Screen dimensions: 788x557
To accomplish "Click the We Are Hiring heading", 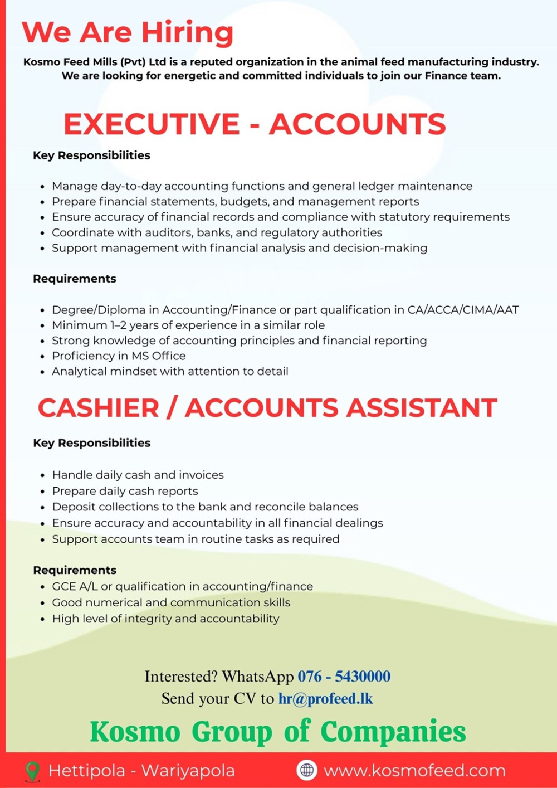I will pos(128,32).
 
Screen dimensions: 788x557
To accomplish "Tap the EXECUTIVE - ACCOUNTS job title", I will pos(255,124).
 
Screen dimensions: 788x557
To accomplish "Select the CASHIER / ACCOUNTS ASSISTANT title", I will pos(267,408).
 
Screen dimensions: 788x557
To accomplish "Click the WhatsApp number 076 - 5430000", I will pos(344,677).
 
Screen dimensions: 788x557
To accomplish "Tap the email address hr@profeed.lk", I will pos(325,699).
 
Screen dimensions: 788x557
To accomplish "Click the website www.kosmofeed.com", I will pos(414,771).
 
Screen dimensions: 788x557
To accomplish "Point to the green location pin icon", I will pos(33,771).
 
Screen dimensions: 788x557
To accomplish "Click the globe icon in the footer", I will pos(306,770).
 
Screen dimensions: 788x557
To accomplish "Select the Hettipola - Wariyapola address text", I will pos(141,771).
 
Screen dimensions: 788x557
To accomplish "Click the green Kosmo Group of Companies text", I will pos(278,731).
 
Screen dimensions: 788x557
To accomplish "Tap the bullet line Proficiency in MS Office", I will pos(119,356).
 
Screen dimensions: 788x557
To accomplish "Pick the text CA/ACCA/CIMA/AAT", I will pos(463,310).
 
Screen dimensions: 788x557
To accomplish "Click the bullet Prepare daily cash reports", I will pos(125,491).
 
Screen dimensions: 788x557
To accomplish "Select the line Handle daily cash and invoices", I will pos(138,475).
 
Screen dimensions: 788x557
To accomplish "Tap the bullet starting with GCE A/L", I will pos(182,586).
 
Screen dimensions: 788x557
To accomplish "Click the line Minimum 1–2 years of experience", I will pos(188,325).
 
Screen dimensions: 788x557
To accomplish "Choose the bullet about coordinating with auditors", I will pos(217,232).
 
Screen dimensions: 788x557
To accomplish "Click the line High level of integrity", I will pos(165,619).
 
